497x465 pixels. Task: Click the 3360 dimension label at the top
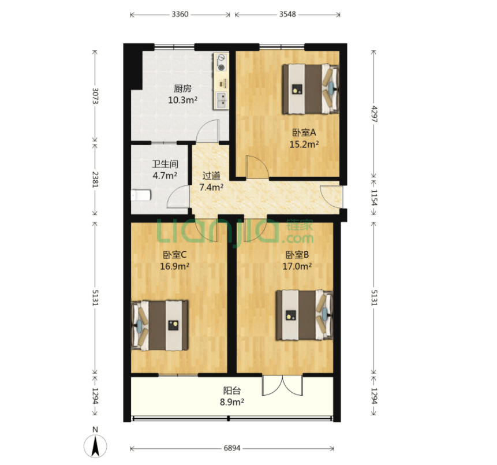[180, 14]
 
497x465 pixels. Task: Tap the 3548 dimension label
[287, 14]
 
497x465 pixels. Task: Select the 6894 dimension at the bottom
[232, 448]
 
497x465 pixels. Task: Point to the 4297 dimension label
[374, 114]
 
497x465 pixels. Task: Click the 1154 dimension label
[374, 198]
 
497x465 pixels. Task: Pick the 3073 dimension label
[95, 95]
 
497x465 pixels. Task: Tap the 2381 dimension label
[95, 179]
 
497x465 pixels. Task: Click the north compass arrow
[95, 446]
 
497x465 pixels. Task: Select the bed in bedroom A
[311, 89]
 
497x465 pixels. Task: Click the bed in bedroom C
[160, 325]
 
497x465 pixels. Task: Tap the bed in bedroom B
[304, 315]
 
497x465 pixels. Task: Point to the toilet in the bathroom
[141, 195]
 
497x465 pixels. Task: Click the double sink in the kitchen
[222, 101]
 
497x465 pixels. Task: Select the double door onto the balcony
[282, 385]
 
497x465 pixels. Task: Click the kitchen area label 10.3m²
[183, 101]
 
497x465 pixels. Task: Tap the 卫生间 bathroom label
[165, 164]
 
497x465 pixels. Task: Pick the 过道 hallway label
[211, 176]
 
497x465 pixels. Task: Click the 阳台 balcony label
[232, 390]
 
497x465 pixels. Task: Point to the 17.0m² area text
[297, 266]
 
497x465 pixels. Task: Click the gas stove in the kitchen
[221, 62]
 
